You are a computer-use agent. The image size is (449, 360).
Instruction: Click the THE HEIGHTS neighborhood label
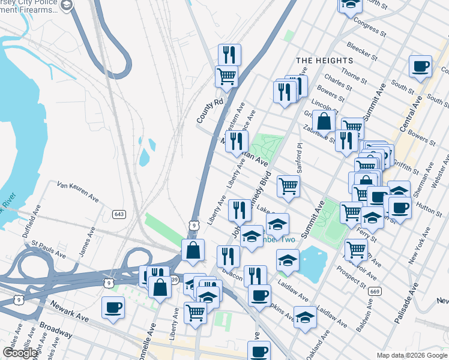point(324,61)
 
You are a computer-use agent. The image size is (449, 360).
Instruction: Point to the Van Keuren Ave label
point(77,190)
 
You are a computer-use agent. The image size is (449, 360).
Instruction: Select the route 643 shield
point(118,214)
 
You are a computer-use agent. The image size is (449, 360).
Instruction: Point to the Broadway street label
point(55,332)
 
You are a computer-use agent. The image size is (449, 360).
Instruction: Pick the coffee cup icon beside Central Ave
point(420,66)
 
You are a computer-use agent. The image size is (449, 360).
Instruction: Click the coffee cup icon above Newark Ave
point(113,308)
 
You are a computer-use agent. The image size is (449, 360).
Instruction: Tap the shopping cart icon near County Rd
point(226,76)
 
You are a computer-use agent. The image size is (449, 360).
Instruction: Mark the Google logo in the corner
point(20,353)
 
